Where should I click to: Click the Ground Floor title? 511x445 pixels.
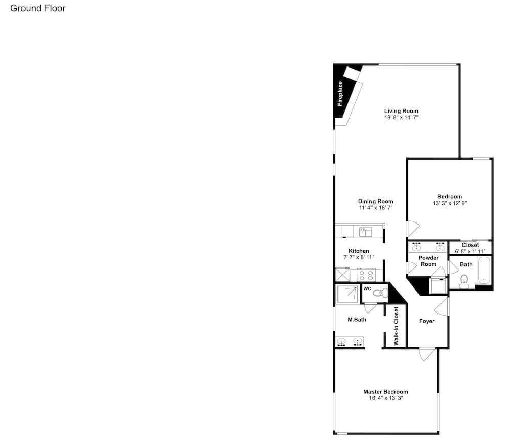[x=38, y=8]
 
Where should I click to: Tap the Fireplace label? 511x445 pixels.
[x=340, y=94]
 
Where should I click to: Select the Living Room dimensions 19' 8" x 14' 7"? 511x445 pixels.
[x=401, y=117]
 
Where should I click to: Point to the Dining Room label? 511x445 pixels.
[x=376, y=202]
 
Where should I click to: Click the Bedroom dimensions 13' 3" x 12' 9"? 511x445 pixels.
[x=450, y=203]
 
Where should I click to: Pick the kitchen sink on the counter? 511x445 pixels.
[x=366, y=232]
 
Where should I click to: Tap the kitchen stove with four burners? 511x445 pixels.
[x=366, y=275]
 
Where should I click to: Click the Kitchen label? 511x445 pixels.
[x=359, y=251]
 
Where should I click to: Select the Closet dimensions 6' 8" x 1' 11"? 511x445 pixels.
[x=470, y=251]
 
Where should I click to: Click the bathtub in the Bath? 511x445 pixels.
[x=484, y=271]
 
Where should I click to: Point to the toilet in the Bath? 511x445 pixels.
[x=464, y=281]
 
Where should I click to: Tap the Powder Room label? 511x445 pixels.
[x=429, y=261]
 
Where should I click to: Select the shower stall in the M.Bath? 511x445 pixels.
[x=348, y=294]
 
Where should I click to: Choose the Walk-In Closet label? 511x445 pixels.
[x=397, y=326]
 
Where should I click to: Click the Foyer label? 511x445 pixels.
[x=427, y=321]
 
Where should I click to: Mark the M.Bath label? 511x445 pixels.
[x=357, y=320]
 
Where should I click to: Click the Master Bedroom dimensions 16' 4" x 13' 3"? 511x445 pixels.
[x=386, y=398]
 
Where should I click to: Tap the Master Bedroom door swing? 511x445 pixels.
[x=427, y=354]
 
